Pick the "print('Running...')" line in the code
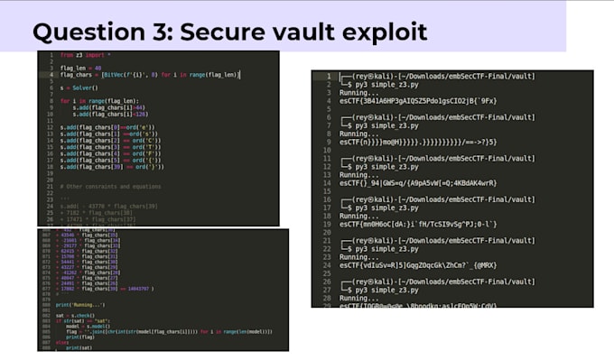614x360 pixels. point(78,304)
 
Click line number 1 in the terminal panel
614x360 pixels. point(328,77)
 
